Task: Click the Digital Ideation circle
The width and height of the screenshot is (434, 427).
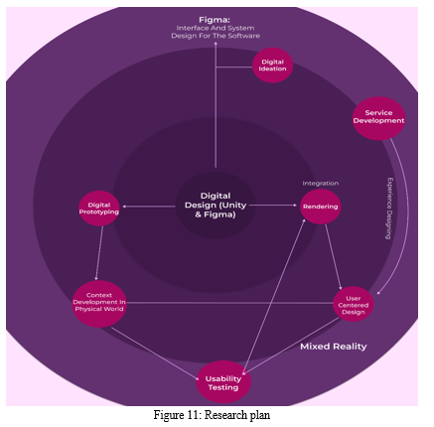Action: coord(272,66)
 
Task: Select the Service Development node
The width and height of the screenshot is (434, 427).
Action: coord(378,118)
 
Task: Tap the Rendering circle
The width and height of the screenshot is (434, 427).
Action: coord(320,207)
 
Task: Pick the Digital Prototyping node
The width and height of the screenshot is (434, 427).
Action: coord(99,209)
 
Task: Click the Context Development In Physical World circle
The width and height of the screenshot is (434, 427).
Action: coord(99,304)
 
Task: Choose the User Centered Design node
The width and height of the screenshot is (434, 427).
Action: coord(354,304)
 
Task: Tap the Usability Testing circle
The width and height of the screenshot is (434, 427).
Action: coord(223,381)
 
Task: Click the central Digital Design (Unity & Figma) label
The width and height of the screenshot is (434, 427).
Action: coord(216,206)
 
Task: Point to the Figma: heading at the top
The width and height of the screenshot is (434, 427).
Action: coord(215,20)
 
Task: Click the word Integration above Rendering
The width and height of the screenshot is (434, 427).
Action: coord(320,183)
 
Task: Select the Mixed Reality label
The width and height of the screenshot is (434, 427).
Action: coord(334,347)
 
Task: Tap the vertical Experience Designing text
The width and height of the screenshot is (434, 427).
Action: coord(390,209)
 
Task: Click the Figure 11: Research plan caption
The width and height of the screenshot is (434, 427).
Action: coord(212,415)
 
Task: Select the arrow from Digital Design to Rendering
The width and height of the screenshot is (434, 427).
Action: coord(273,206)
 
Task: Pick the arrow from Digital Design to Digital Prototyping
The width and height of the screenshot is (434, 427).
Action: coord(149,207)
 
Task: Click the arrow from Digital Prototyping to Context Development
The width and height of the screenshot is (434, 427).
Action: coord(99,253)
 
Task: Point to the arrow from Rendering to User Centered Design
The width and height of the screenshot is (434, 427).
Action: coord(334,257)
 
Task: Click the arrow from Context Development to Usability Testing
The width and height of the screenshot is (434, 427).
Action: coord(155,355)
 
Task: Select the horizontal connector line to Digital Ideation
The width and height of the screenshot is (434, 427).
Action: coord(234,68)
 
